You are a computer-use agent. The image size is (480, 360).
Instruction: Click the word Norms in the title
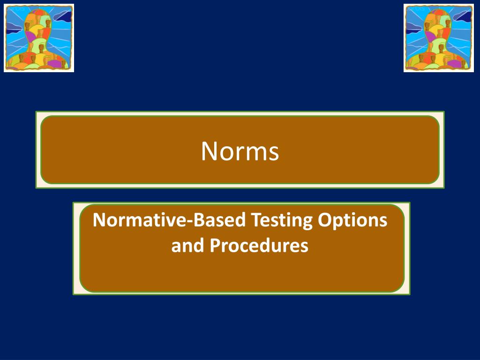(240, 151)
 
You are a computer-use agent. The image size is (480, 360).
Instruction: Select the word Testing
(282, 220)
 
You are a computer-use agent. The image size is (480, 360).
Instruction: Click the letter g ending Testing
(307, 224)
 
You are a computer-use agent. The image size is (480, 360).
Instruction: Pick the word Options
(352, 220)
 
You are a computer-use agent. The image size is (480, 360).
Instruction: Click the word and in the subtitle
(187, 245)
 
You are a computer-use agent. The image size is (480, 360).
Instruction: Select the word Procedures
(259, 245)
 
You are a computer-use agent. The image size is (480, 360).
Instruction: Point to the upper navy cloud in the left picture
(63, 15)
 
